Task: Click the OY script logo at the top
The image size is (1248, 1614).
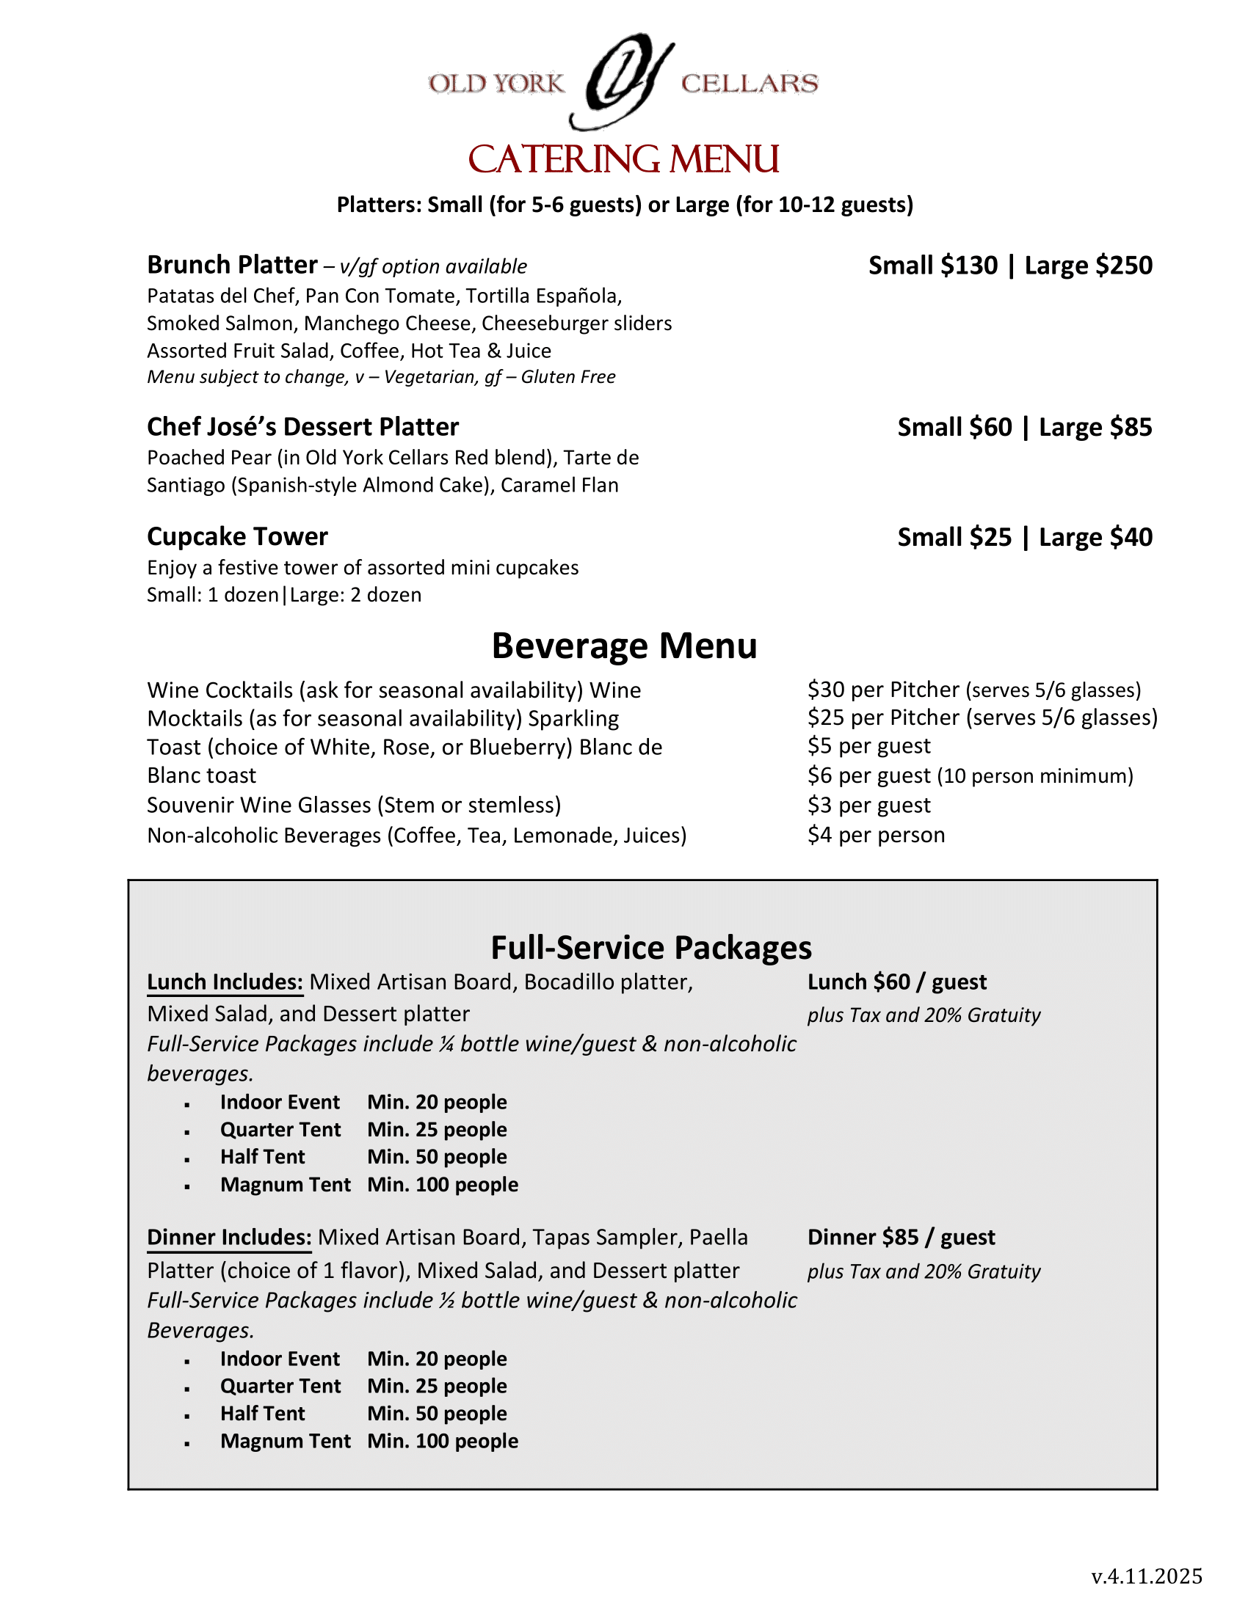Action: click(623, 81)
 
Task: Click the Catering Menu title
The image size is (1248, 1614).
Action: click(623, 160)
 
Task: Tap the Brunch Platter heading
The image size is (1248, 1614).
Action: click(232, 265)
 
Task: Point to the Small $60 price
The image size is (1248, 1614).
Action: click(954, 427)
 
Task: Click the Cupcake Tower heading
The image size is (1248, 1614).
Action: click(237, 536)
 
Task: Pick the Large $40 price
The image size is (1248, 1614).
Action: click(1095, 537)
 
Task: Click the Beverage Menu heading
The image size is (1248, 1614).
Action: click(624, 645)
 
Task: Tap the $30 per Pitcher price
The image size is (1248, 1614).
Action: click(882, 690)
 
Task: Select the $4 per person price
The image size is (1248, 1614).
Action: click(875, 835)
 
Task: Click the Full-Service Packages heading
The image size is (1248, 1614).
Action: click(650, 947)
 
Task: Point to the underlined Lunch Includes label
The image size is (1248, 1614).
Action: click(225, 982)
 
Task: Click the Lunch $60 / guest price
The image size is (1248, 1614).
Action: click(896, 982)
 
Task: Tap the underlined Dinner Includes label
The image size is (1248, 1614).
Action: click(229, 1238)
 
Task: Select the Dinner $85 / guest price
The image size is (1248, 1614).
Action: click(901, 1238)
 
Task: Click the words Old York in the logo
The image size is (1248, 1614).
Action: click(496, 84)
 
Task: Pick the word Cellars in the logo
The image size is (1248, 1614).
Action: click(749, 84)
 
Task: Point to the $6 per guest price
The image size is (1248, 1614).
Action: click(868, 776)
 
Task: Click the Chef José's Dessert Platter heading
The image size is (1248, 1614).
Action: click(302, 427)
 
